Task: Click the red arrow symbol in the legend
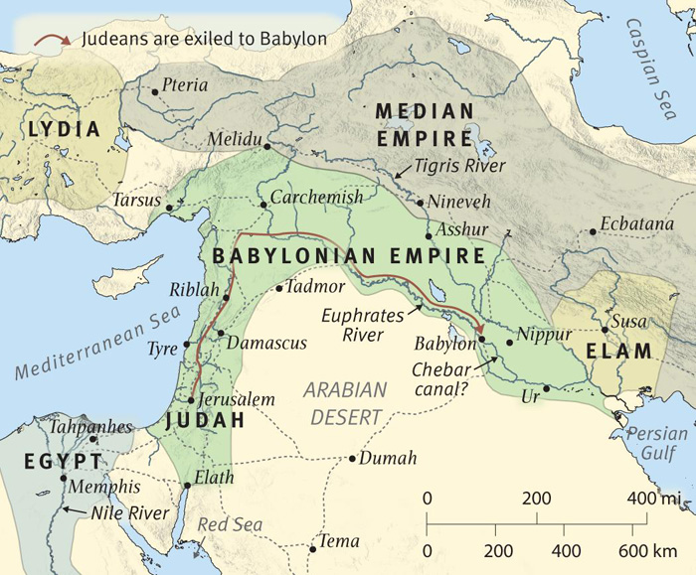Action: click(50, 41)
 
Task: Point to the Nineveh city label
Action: click(458, 203)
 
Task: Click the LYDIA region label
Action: click(65, 129)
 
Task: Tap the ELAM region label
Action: click(618, 352)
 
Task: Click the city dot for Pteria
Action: click(155, 91)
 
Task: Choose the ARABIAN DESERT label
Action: click(343, 402)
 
